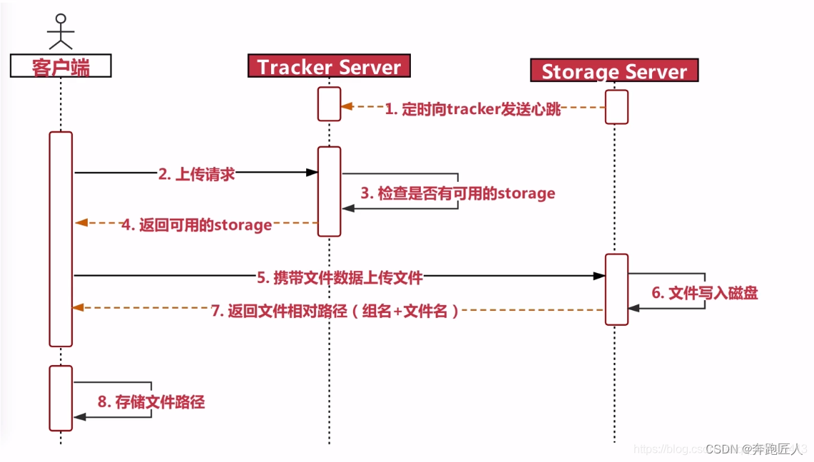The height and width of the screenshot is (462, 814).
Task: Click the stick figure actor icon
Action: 61,31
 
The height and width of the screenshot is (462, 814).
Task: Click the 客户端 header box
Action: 61,66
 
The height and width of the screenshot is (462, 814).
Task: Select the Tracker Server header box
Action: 329,67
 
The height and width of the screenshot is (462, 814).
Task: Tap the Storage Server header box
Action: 614,71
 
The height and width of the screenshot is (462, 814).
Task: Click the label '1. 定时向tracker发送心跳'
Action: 473,109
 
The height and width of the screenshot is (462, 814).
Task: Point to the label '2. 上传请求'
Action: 197,174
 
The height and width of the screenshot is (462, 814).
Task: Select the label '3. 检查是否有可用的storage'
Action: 458,193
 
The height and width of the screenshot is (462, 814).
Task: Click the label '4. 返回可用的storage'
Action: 196,225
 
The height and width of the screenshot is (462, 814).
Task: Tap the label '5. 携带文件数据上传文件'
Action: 340,277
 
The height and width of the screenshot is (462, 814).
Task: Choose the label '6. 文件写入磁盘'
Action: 704,293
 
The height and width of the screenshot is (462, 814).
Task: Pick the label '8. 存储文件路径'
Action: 151,402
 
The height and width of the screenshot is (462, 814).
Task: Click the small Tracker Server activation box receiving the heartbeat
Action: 329,104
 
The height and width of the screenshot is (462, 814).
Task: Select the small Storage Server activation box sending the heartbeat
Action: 616,106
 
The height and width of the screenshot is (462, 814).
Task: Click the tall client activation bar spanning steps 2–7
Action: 61,239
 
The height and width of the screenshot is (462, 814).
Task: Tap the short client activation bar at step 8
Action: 61,398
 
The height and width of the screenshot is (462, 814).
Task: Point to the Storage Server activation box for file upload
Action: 616,289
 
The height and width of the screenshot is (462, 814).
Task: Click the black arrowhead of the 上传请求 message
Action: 312,173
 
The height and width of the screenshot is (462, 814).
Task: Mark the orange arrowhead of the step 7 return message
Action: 78,307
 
